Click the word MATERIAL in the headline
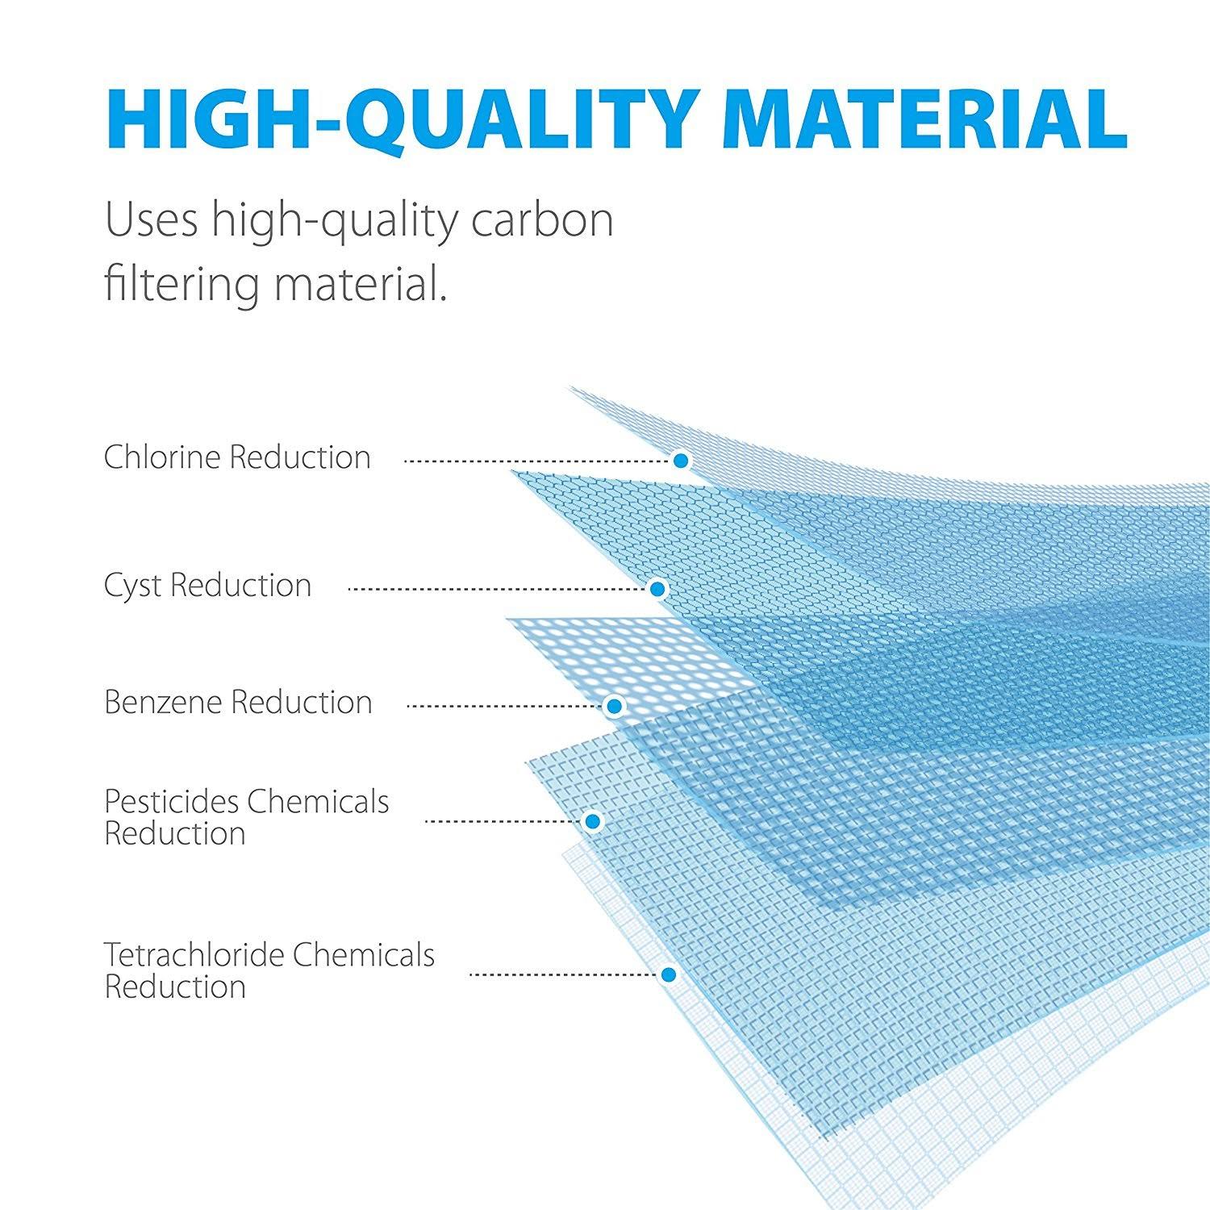click(x=925, y=119)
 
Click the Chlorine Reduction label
click(x=237, y=457)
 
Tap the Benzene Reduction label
click(x=238, y=703)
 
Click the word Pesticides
click(x=171, y=802)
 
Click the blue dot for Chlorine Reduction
click(x=681, y=461)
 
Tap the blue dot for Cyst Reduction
click(x=657, y=590)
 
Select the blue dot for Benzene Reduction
click(x=615, y=707)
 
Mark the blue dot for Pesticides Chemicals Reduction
click(x=593, y=821)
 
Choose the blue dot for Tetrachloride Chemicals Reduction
click(x=668, y=974)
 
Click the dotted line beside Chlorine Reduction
click(x=537, y=461)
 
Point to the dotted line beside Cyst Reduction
click(x=498, y=590)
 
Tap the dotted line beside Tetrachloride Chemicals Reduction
click(x=564, y=974)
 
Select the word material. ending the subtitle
click(x=360, y=285)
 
